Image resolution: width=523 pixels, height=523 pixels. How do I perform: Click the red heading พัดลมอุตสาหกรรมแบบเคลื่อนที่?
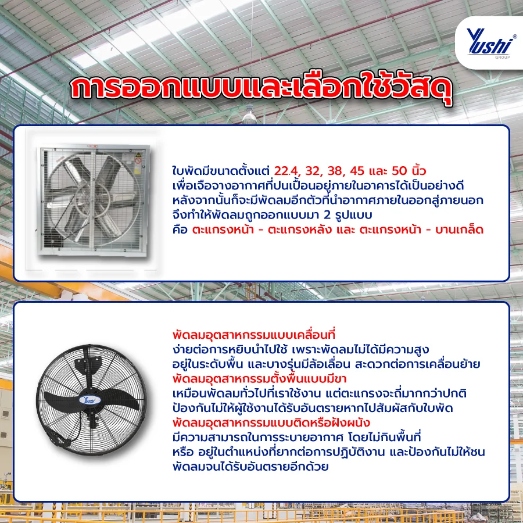255,335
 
